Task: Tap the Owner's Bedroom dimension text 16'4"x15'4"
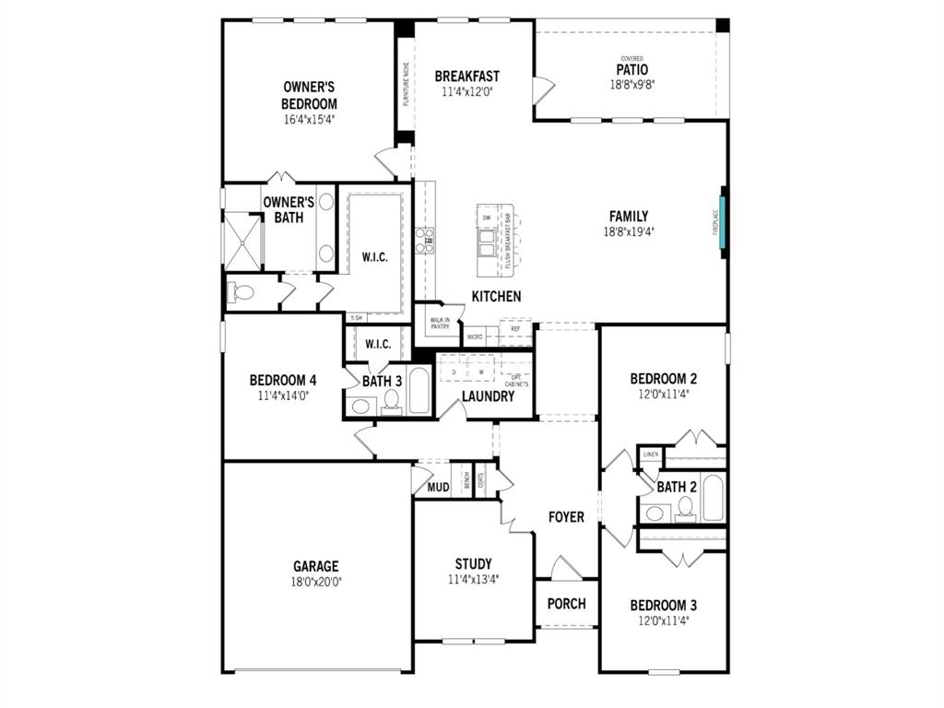click(310, 119)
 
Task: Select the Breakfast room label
click(466, 76)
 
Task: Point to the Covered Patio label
click(631, 69)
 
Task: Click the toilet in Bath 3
click(391, 401)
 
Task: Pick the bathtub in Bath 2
click(714, 498)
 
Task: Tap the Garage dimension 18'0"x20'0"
click(316, 582)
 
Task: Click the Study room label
click(473, 563)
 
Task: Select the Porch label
click(566, 604)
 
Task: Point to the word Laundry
click(488, 396)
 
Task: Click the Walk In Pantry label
click(439, 324)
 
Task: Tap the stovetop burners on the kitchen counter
click(424, 240)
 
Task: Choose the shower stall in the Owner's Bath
click(243, 242)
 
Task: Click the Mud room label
click(438, 487)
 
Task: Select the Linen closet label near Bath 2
click(650, 454)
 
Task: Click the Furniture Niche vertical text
click(405, 84)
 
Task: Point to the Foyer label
click(566, 517)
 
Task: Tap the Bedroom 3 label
click(663, 605)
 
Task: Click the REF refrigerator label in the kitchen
click(515, 328)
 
